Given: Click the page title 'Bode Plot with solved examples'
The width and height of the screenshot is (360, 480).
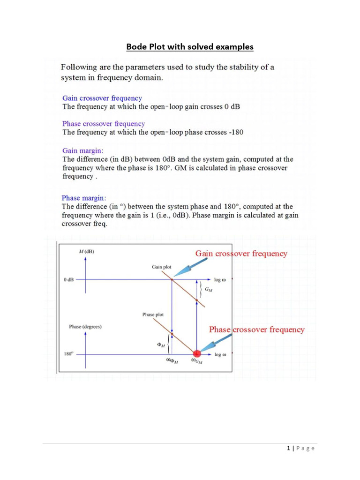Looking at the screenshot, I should [x=190, y=47].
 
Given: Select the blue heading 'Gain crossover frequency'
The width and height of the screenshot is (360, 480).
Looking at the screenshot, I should [x=102, y=98].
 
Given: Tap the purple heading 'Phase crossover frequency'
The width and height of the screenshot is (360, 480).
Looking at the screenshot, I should [x=104, y=124].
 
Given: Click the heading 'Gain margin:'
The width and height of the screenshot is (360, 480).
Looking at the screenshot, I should [x=83, y=150].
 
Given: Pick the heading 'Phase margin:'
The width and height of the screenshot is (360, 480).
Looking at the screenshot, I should [x=84, y=198].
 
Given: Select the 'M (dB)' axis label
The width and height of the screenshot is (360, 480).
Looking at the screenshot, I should [x=86, y=252].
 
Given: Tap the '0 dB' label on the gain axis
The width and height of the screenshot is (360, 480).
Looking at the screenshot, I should [x=68, y=280].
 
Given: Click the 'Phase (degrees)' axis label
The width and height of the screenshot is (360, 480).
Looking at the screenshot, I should [x=86, y=326].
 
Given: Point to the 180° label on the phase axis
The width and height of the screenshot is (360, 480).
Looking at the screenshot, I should [x=68, y=354].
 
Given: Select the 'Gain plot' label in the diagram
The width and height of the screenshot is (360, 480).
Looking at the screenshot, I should [x=161, y=267].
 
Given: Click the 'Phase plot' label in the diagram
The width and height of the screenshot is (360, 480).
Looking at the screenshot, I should [x=153, y=315].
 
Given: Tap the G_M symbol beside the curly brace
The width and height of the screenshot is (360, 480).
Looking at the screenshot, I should [x=208, y=290].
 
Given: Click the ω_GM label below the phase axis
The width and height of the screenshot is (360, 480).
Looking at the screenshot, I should [x=197, y=362].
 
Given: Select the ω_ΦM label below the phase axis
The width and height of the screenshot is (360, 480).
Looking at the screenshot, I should [x=172, y=362].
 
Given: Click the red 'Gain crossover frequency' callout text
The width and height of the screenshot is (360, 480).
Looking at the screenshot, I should [x=241, y=254].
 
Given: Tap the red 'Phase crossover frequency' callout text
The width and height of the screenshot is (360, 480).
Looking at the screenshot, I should [x=256, y=330].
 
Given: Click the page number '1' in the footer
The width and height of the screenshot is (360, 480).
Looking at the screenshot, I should [x=289, y=449].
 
